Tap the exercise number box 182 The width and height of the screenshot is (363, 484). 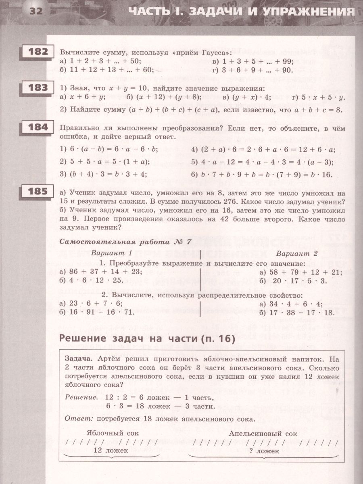coord(38,52)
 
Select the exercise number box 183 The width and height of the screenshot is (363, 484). coord(38,88)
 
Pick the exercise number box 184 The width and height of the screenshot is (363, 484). coord(38,127)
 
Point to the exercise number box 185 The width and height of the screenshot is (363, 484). coord(38,192)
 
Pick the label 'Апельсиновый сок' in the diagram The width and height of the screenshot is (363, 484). coord(263,434)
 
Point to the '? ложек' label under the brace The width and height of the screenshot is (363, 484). coord(264,451)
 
